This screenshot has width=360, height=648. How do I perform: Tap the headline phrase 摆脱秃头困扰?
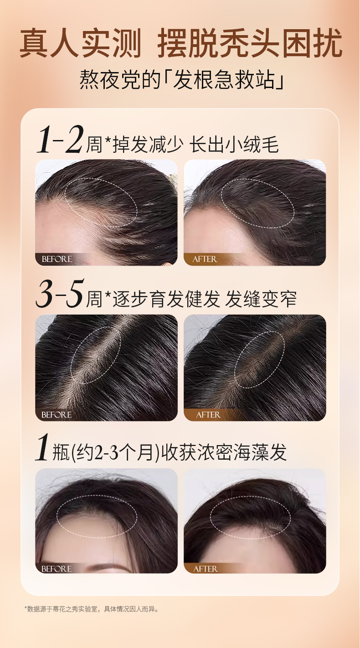250,44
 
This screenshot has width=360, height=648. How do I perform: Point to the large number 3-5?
59,295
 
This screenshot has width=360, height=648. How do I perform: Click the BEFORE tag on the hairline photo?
57,259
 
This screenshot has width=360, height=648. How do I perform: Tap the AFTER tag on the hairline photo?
205,259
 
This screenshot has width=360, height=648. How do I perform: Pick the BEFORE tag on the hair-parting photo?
57,415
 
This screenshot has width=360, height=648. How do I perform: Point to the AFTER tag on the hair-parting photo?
208,415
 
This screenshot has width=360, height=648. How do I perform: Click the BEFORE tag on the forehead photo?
57,569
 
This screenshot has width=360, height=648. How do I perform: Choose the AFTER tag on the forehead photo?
206,569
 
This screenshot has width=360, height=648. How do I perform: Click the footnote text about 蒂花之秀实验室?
91,608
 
